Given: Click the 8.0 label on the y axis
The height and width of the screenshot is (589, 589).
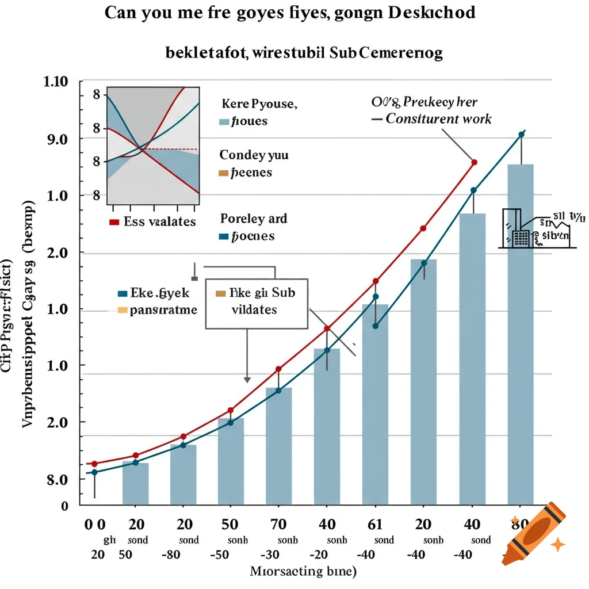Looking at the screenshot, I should pos(56,479).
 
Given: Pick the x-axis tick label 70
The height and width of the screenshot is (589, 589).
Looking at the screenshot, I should pos(278,524).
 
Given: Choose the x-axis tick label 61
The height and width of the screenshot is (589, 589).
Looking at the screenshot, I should pos(375,524).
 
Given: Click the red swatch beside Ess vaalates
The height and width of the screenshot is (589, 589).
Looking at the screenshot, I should pos(113,222).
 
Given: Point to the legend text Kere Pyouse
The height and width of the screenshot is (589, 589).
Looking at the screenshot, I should pos(259,105).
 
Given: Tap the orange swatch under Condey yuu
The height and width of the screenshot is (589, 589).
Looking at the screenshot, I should pos(224,173).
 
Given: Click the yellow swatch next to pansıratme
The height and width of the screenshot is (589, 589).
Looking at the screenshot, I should pos(121,310).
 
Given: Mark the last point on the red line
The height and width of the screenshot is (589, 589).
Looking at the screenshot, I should pos(474,162).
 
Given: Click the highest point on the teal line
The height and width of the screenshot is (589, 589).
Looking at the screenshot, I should pos(521,135).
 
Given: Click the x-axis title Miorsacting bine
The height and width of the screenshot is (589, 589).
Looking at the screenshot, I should pos(304,572).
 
